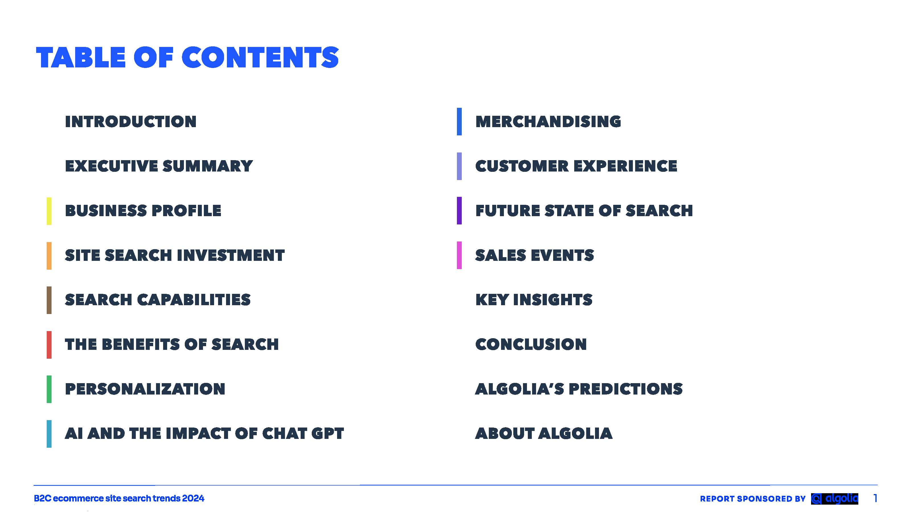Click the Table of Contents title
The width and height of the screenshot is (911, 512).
[x=187, y=57]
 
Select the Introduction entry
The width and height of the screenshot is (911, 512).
[x=131, y=121]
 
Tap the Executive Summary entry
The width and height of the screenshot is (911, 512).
[x=159, y=166]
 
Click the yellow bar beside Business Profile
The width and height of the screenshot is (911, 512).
[x=49, y=211]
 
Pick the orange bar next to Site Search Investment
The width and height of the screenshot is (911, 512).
[x=49, y=255]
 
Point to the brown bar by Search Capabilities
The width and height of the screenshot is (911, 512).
[x=49, y=300]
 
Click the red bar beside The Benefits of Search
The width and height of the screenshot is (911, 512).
[x=49, y=344]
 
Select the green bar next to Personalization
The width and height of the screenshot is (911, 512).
[x=49, y=389]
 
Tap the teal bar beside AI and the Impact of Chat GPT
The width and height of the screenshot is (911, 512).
[x=49, y=433]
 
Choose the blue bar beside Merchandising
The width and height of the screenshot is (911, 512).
[x=459, y=121]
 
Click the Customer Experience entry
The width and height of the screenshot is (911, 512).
[x=576, y=166]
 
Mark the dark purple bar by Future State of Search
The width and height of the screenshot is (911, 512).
[x=459, y=210]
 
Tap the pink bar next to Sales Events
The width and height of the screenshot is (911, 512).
[x=459, y=255]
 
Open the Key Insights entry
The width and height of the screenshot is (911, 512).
[x=534, y=300]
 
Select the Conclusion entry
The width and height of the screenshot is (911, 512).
[x=531, y=344]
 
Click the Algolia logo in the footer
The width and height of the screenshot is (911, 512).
[x=835, y=499]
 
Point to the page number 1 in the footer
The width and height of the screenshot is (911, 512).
[x=876, y=498]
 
